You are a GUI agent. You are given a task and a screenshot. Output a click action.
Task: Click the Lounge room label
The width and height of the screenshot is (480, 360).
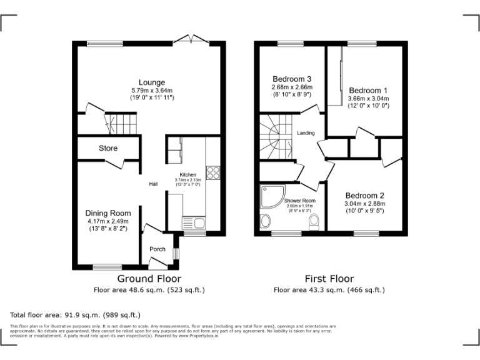click(152, 82)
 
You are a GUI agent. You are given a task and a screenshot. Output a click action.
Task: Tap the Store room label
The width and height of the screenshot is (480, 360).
click(107, 148)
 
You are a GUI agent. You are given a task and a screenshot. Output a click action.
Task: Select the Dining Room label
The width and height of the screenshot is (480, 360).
click(107, 213)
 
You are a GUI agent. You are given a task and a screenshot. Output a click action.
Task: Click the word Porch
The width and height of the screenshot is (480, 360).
click(157, 249)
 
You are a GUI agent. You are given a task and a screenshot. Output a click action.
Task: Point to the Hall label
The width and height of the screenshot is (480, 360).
click(153, 184)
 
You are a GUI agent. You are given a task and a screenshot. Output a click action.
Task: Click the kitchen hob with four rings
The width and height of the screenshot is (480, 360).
click(212, 172)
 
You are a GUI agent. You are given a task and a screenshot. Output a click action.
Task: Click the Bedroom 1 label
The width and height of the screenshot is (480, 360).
click(368, 90)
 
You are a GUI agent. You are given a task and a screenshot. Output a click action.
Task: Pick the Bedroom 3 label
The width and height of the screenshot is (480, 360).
click(292, 79)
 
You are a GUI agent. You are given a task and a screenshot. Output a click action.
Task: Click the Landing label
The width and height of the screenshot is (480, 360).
click(306, 133)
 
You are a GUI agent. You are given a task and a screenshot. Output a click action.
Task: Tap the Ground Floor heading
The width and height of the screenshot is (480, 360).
click(149, 279)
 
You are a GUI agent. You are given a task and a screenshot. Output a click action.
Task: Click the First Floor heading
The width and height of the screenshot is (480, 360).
click(329, 279)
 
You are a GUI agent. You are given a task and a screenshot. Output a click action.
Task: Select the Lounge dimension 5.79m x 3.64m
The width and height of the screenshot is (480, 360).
click(152, 91)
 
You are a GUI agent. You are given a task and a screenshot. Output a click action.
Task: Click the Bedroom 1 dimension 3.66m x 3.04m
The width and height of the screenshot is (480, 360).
click(368, 98)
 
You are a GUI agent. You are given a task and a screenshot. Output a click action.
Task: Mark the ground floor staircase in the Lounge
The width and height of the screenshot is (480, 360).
click(119, 123)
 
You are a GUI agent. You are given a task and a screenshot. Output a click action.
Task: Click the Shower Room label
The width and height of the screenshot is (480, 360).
click(299, 201)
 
